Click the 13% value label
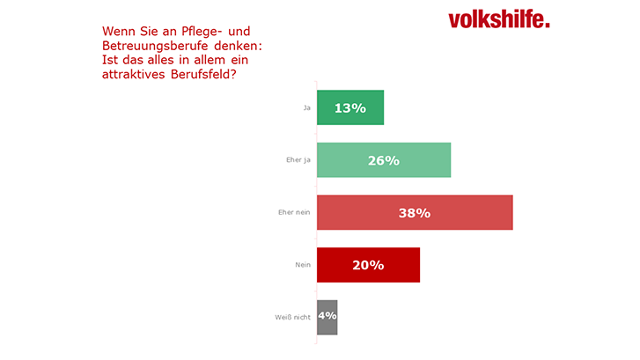349,107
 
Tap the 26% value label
383,160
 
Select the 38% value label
414,212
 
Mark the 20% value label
368,265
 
